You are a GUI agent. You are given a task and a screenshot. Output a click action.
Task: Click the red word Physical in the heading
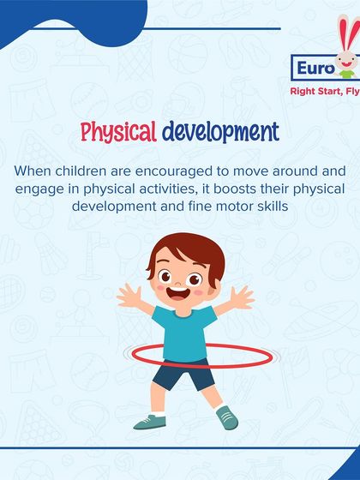pos(118,133)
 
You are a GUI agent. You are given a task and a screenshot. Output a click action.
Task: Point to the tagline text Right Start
pos(315,88)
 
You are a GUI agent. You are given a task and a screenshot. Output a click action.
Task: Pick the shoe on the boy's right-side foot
pos(226,417)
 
